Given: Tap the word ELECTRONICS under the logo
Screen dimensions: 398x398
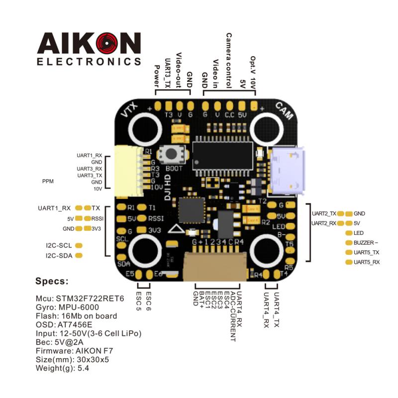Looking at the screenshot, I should pos(89,62).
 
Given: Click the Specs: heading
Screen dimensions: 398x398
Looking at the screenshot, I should pos(52,281).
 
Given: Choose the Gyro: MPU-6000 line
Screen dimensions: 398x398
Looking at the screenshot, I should pos(69,307).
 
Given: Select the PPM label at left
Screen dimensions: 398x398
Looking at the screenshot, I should pos(48,182).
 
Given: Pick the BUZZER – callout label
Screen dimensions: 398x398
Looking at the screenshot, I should pos(366,242).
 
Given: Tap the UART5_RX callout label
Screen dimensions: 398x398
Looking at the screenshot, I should pos(367,262).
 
